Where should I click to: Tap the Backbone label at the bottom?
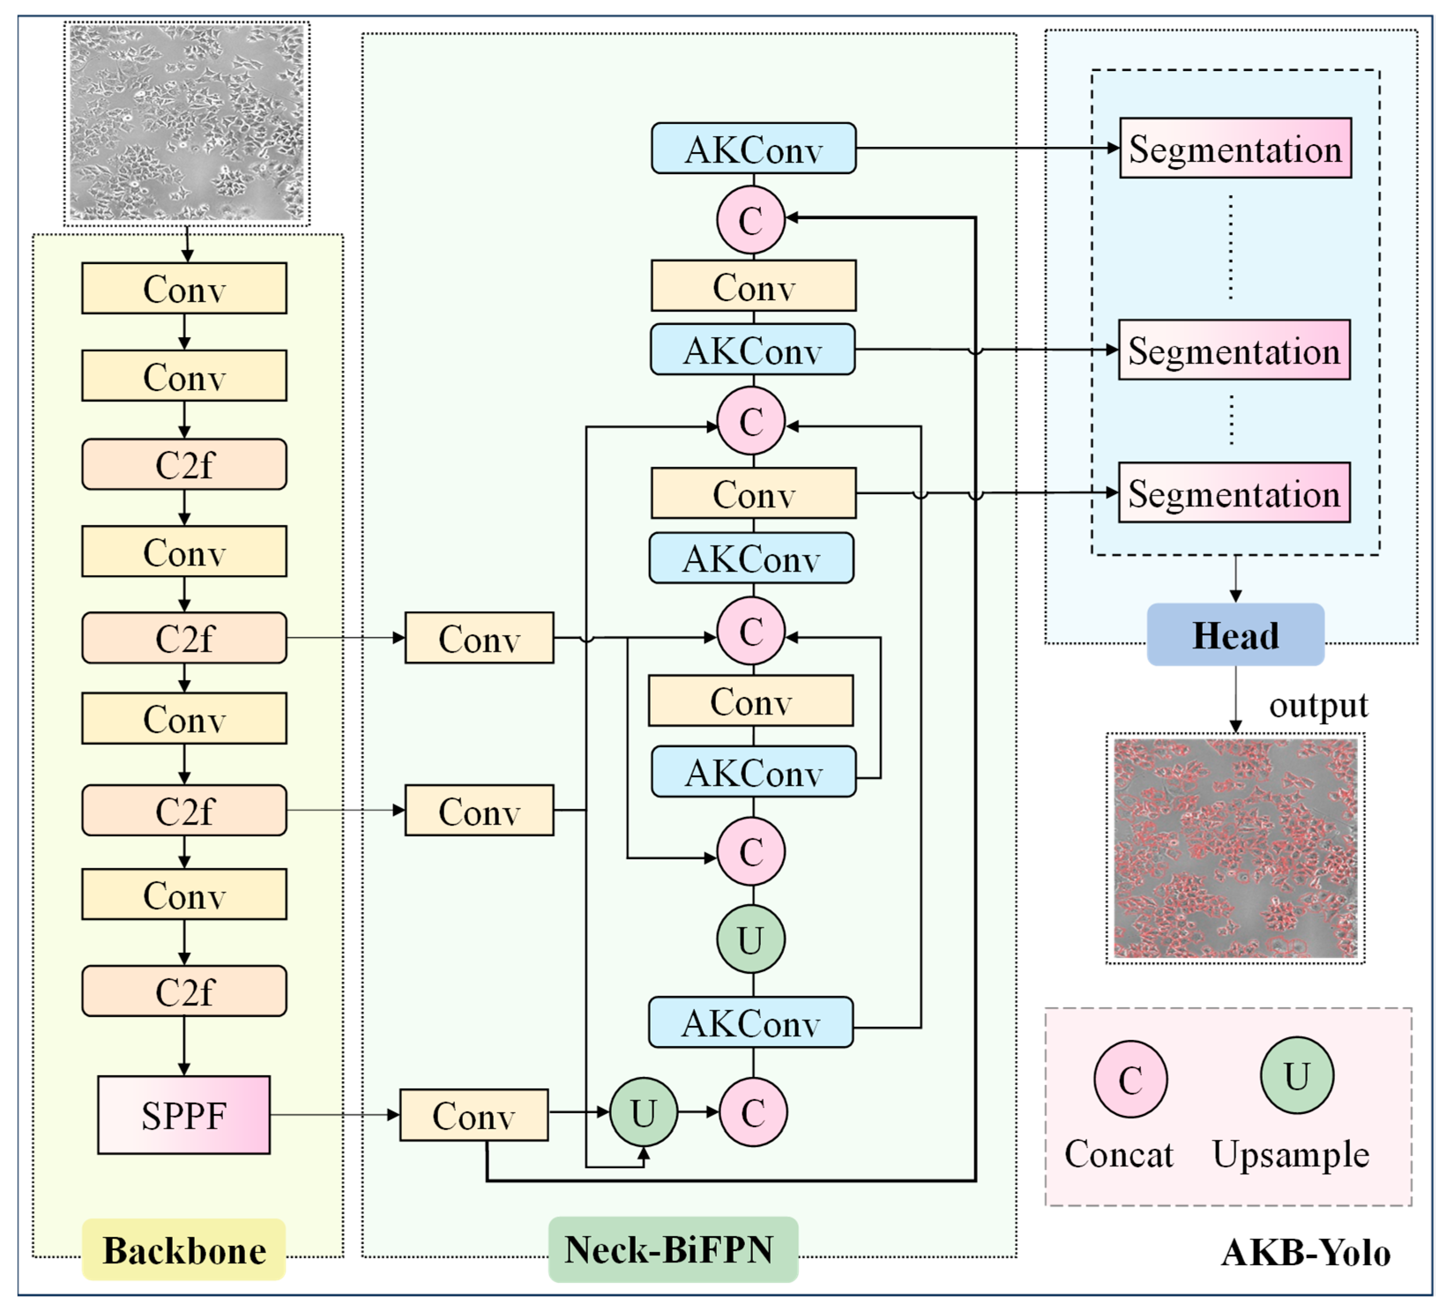184,1250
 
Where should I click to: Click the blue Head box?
1235,635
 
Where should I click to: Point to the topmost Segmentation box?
1235,148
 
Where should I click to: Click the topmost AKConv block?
753,148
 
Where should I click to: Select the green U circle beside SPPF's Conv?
643,1112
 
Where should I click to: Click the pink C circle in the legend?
1130,1079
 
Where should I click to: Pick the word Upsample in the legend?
1290,1154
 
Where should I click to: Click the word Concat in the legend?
1119,1154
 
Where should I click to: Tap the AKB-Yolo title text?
1305,1252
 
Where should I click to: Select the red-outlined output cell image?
1235,848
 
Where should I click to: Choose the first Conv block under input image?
184,288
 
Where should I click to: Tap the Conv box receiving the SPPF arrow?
473,1114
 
